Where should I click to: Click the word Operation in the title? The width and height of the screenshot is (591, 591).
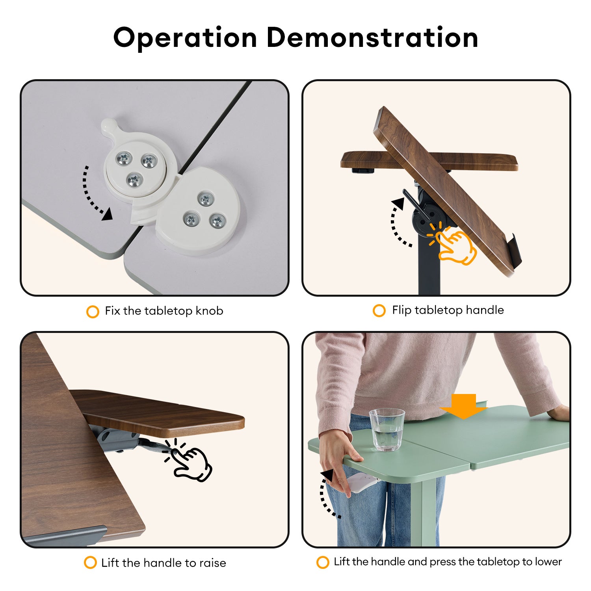(x=186, y=39)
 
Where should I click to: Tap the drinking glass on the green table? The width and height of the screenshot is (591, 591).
(x=387, y=429)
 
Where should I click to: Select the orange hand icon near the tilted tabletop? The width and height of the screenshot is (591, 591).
(x=453, y=244)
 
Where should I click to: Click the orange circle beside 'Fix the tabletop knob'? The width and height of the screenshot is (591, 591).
(x=93, y=312)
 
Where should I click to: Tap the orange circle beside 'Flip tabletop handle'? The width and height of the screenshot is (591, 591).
(x=379, y=310)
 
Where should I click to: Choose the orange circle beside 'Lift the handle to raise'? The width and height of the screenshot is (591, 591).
(x=90, y=562)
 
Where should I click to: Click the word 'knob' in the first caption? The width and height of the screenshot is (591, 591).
(x=209, y=311)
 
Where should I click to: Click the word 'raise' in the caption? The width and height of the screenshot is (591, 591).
(x=213, y=563)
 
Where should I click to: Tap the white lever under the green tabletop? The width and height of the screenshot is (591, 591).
(x=360, y=483)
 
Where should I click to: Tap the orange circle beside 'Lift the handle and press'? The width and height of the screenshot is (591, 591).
(x=323, y=562)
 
